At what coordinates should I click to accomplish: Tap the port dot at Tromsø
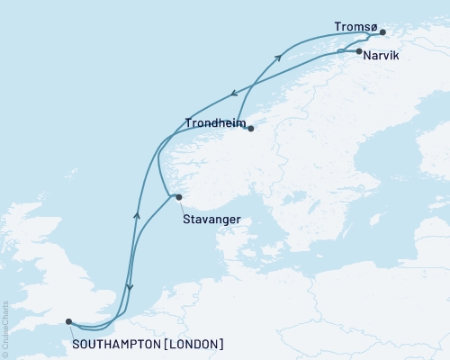click(x=382, y=33)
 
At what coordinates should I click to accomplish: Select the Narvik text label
click(x=383, y=54)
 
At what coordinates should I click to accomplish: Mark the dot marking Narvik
click(x=359, y=52)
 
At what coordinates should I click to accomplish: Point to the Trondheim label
click(x=215, y=122)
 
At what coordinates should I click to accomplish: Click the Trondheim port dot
click(x=251, y=129)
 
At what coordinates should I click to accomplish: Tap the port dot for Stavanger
click(x=179, y=197)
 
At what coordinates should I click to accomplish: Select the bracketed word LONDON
click(x=195, y=344)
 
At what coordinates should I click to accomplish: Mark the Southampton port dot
click(x=69, y=320)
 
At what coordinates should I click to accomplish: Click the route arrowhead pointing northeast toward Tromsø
click(x=278, y=58)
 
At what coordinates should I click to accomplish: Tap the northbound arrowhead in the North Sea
click(x=137, y=214)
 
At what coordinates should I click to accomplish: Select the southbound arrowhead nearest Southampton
click(x=130, y=288)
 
